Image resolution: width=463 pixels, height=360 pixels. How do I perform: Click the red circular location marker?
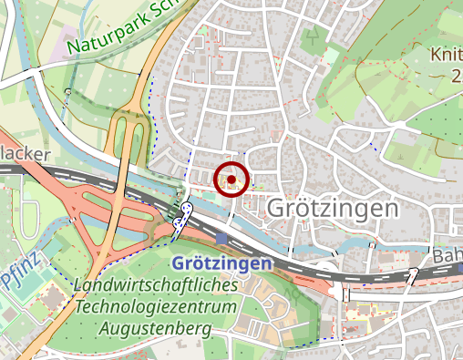pyautogui.click(x=231, y=180)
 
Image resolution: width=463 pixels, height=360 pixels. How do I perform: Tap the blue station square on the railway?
pyautogui.click(x=223, y=238)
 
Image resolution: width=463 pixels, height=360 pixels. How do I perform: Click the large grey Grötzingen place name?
pyautogui.click(x=333, y=209)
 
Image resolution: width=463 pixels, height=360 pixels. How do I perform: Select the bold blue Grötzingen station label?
pyautogui.click(x=221, y=263)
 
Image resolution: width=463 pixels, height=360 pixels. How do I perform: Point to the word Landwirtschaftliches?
pyautogui.click(x=157, y=285)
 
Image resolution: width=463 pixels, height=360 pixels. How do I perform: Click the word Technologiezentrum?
pyautogui.click(x=157, y=305)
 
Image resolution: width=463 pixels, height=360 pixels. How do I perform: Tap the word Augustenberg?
pyautogui.click(x=157, y=326)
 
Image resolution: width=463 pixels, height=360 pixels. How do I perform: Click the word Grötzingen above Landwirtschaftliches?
pyautogui.click(x=221, y=263)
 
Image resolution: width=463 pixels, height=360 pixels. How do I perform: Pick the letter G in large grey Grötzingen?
pyautogui.click(x=274, y=209)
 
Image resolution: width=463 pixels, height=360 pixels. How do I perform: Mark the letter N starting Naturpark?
pyautogui.click(x=72, y=46)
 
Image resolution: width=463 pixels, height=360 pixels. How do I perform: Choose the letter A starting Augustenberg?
pyautogui.click(x=106, y=326)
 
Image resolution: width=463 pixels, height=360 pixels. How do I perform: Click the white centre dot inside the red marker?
pyautogui.click(x=231, y=180)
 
